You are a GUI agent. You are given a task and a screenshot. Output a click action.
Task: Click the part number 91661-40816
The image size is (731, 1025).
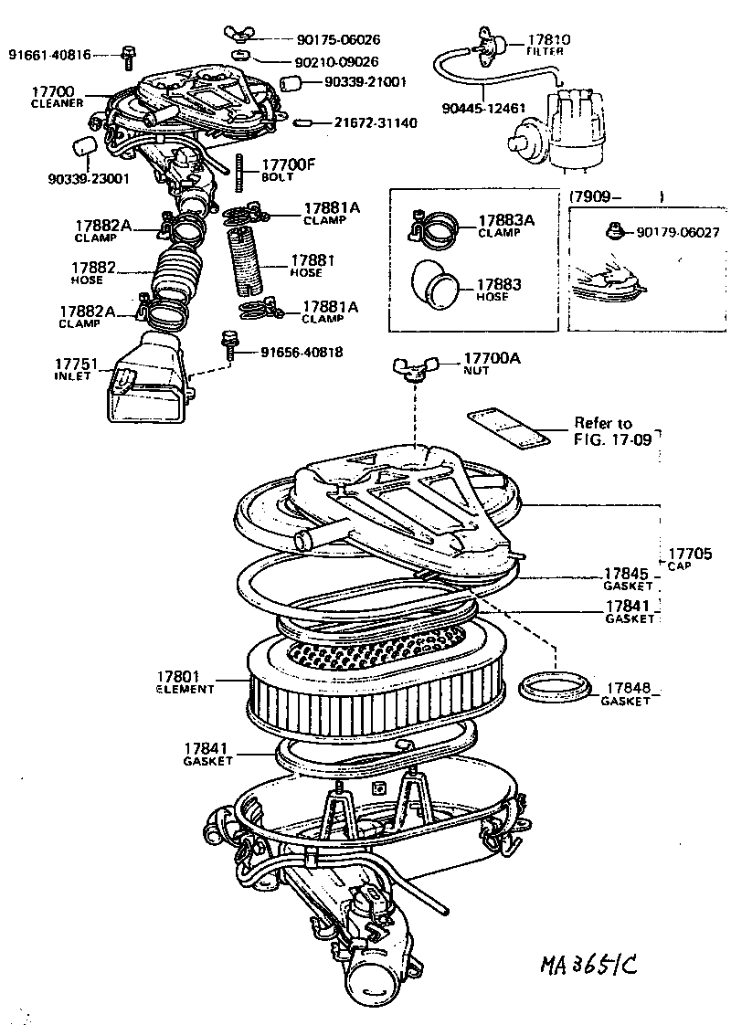[x=49, y=55]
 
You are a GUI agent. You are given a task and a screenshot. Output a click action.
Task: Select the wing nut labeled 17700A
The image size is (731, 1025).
[x=409, y=368]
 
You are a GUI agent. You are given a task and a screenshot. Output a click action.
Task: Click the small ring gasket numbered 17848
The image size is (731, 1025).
[x=554, y=687]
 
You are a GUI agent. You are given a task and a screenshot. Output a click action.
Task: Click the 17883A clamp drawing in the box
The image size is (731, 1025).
[x=436, y=227]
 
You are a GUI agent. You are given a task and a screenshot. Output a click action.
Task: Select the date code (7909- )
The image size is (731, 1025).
[x=616, y=195]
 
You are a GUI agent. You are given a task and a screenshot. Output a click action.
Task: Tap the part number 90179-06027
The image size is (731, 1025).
[x=677, y=233]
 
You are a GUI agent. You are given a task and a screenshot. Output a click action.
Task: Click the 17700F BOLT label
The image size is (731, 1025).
[x=288, y=169]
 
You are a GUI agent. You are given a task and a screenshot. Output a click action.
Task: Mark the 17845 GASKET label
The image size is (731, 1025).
[x=628, y=578]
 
